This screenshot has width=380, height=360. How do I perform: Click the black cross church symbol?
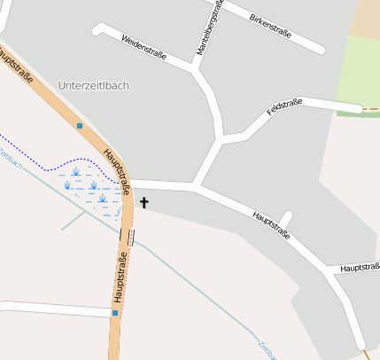tap(144, 203)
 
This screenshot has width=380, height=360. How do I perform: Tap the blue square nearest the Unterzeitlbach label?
tap(80, 126)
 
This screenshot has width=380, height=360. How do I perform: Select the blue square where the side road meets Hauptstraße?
tap(114, 312)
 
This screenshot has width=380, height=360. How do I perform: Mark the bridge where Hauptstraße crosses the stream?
tap(130, 237)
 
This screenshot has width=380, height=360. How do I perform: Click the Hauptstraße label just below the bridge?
tap(120, 278)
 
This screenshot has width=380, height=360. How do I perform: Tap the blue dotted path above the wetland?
tap(35, 155)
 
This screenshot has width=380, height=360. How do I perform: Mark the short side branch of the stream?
tap(74, 221)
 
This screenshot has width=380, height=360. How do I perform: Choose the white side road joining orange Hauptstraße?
tap(53, 308)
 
